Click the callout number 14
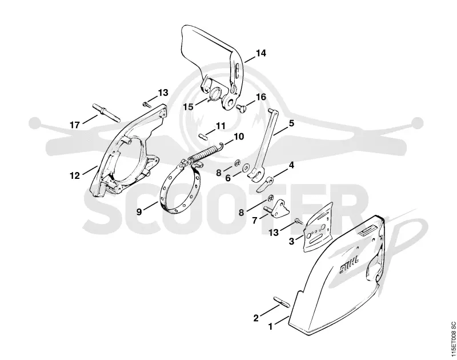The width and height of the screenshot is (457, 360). [x=261, y=53]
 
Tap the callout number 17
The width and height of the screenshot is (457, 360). [x=75, y=125]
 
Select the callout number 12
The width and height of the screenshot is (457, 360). [x=75, y=176]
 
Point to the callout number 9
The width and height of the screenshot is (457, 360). [x=139, y=211]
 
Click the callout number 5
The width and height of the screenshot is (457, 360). [x=291, y=123]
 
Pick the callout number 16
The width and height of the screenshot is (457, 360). [x=261, y=97]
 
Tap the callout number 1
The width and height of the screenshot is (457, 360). [x=270, y=326]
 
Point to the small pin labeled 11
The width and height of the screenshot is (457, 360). [x=203, y=137]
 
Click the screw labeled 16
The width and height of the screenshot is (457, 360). [x=242, y=109]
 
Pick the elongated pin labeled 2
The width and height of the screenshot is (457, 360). [x=281, y=301]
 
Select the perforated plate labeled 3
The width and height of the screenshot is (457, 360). [x=318, y=227]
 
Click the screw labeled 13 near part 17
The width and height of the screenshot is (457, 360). [x=147, y=103]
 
